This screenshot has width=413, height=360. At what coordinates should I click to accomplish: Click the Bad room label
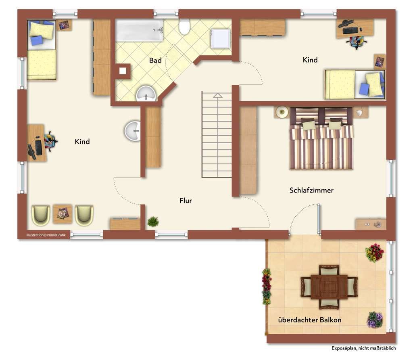(155, 61)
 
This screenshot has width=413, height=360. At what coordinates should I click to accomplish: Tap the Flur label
(186, 201)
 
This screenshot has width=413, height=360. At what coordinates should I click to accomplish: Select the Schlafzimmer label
(311, 190)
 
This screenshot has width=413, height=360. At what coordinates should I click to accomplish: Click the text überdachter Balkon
(310, 320)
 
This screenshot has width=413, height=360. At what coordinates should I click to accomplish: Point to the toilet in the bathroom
(184, 27)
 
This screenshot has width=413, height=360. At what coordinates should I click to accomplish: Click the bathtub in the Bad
(140, 30)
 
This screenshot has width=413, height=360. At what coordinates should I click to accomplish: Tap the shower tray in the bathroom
(221, 39)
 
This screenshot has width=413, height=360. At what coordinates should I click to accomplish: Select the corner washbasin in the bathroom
(146, 94)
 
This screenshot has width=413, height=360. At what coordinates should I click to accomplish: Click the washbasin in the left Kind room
(132, 131)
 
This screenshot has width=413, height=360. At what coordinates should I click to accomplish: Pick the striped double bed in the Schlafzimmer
(321, 138)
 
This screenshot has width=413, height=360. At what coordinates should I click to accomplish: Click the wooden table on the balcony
(329, 287)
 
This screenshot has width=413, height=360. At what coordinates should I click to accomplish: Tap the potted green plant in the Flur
(153, 222)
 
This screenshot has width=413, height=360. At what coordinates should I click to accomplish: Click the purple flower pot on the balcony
(375, 320)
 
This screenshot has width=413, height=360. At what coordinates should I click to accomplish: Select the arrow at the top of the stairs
(217, 95)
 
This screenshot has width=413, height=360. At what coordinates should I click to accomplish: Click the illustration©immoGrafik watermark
(46, 235)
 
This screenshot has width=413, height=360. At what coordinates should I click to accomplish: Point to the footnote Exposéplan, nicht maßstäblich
(363, 348)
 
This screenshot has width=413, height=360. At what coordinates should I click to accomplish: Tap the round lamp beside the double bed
(282, 112)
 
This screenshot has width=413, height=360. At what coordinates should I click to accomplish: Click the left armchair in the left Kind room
(41, 215)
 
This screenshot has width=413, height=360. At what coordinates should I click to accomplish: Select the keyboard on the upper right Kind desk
(350, 31)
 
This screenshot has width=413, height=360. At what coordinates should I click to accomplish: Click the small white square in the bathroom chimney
(123, 71)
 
